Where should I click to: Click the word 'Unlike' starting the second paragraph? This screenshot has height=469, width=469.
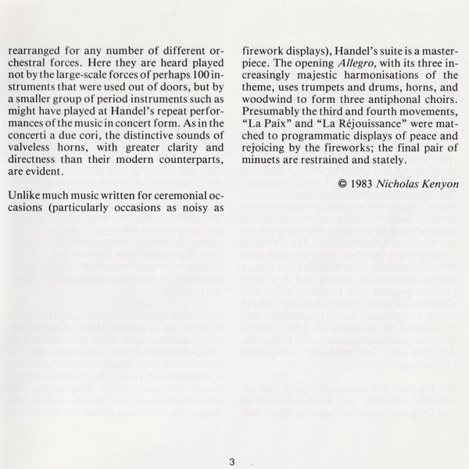[x=30, y=194]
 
